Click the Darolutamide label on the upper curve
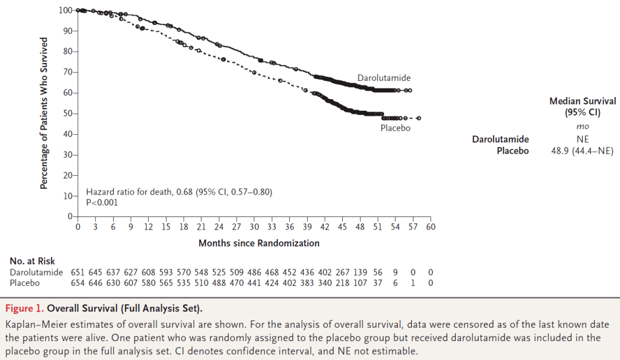[x=384, y=78]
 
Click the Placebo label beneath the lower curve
[x=396, y=128]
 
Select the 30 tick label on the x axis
[x=254, y=227]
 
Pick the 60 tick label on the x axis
[x=431, y=227]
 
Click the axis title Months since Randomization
[x=259, y=243]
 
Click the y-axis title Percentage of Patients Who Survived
[x=44, y=113]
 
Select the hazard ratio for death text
[x=179, y=192]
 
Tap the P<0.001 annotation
[x=102, y=202]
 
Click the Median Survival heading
[x=583, y=101]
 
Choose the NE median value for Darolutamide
[x=583, y=139]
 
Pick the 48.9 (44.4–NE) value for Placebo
[x=582, y=151]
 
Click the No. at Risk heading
[x=32, y=261]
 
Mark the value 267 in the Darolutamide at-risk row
[x=342, y=272]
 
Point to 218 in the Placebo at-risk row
[x=342, y=283]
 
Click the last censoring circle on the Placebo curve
[x=419, y=118]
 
